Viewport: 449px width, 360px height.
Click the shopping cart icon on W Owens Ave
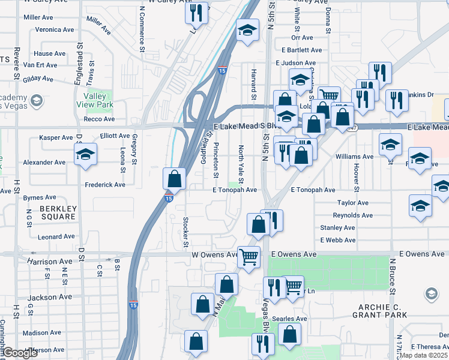[249, 256]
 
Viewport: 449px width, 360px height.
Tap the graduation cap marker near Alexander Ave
[85, 155]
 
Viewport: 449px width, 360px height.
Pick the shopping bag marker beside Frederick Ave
[174, 178]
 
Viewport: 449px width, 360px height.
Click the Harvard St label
[254, 85]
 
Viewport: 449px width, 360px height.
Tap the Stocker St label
[185, 232]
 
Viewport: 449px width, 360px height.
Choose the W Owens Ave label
[215, 254]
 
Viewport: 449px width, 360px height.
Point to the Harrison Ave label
[50, 262]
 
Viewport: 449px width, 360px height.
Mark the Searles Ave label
[291, 318]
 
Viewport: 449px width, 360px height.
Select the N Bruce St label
[394, 276]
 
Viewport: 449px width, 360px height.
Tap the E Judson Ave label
[295, 63]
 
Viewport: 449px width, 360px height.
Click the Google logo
[20, 353]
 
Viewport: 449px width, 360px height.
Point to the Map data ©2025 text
[424, 355]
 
